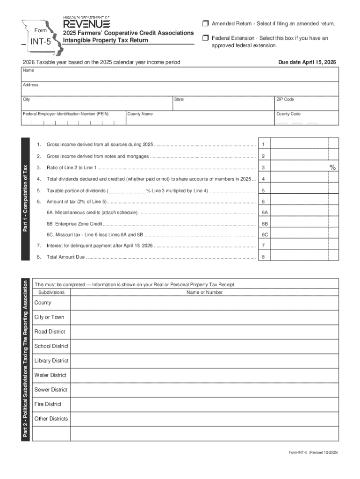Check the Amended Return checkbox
pos(205,24)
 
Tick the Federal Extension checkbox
pos(205,38)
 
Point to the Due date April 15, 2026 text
pos(307,62)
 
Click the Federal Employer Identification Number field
pos(73,121)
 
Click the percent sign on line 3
pos(332,167)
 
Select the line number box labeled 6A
pos(264,212)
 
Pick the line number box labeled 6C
pos(264,235)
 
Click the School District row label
pos(51,346)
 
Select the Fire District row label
pos(48,404)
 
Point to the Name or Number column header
pos(204,292)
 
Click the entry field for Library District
pos(204,361)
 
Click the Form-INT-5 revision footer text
pos(313,453)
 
